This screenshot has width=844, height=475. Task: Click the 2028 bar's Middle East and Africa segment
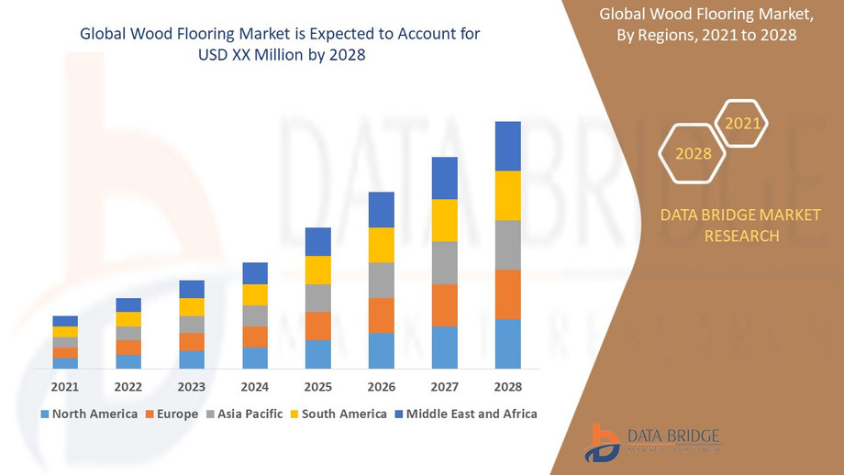click(x=507, y=146)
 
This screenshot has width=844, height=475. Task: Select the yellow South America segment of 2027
click(x=445, y=220)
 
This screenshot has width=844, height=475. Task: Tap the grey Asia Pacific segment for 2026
click(x=382, y=281)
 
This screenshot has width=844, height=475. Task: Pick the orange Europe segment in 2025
click(x=318, y=326)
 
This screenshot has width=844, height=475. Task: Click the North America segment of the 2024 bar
click(x=255, y=359)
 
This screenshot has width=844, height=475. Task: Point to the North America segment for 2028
click(x=507, y=344)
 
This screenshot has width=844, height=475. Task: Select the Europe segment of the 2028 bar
click(x=507, y=294)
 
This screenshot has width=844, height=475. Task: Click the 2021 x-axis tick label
click(x=65, y=386)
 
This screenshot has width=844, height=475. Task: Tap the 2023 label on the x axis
click(x=192, y=386)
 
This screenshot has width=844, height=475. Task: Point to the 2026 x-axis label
click(x=382, y=386)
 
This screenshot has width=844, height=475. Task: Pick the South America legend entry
click(x=338, y=414)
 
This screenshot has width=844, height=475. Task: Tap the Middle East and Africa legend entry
click(x=465, y=414)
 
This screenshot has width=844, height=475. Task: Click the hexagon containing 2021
click(x=741, y=123)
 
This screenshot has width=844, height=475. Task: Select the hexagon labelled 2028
click(x=694, y=154)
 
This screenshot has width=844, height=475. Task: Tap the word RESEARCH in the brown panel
click(x=741, y=236)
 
